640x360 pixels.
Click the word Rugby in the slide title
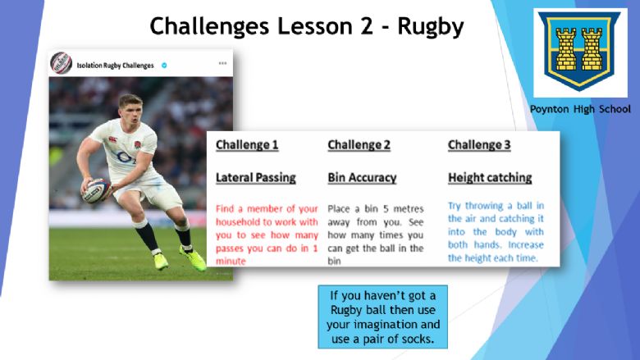tap(431, 27)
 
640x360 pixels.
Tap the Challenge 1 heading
tap(247, 144)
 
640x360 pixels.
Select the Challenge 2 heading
tap(359, 144)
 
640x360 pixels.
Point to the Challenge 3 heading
tap(479, 144)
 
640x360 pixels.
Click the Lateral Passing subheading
tap(255, 178)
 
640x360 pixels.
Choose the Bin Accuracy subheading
tap(362, 178)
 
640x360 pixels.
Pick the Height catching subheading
tap(490, 178)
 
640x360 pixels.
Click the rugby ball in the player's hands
tap(96, 190)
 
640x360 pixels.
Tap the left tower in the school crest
tap(566, 49)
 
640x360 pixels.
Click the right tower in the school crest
tap(592, 49)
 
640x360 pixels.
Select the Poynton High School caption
tap(580, 109)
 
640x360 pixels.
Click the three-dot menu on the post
tap(222, 63)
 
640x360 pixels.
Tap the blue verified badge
tap(164, 66)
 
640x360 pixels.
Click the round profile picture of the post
tap(62, 63)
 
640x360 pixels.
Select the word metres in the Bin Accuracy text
tap(408, 209)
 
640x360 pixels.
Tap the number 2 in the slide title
tap(367, 26)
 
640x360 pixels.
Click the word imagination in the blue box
tap(396, 325)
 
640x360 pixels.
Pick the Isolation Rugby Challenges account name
tap(115, 66)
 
